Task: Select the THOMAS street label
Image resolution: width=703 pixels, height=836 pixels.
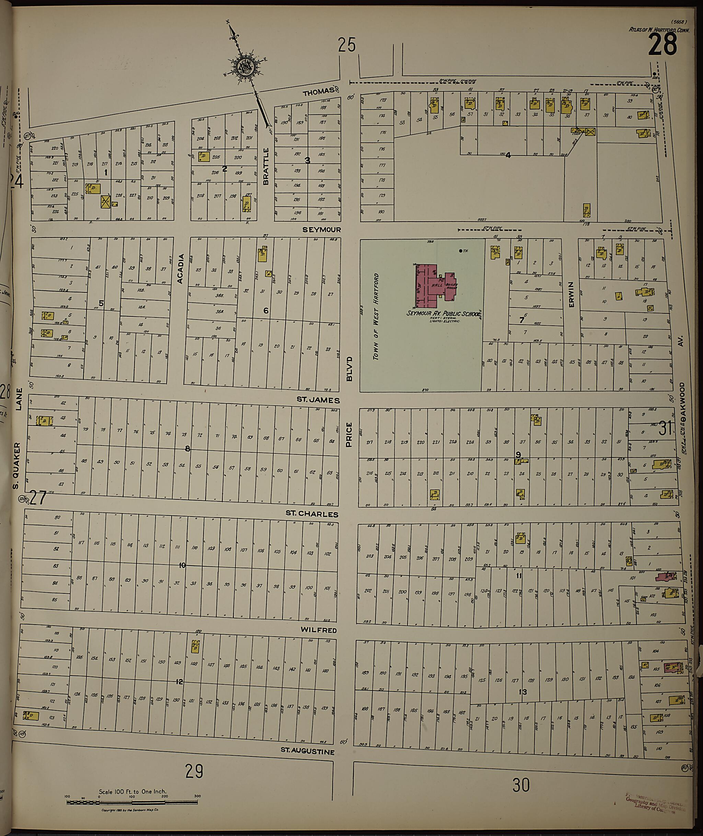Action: [x=318, y=93]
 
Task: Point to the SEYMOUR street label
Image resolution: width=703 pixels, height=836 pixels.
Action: [x=321, y=230]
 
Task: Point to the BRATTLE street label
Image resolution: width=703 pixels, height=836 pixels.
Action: [x=266, y=166]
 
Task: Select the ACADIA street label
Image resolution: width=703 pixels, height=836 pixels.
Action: [x=180, y=269]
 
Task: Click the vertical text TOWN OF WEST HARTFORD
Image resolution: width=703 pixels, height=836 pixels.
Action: [x=376, y=317]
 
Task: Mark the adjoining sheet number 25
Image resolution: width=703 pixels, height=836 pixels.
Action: [x=346, y=45]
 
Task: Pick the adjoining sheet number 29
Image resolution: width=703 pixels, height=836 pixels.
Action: [x=194, y=771]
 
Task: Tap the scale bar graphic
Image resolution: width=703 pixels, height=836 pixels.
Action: [x=133, y=802]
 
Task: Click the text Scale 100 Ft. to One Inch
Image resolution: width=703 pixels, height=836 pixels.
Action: [x=133, y=791]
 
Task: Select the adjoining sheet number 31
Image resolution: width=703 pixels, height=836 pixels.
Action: [x=665, y=429]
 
